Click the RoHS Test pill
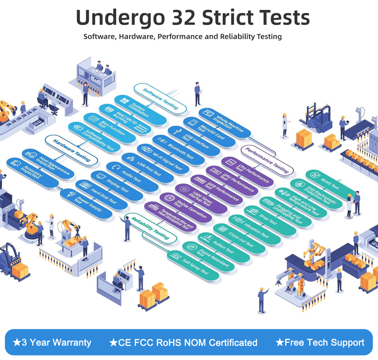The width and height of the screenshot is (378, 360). point(331,182)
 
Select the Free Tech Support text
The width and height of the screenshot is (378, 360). point(320,342)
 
